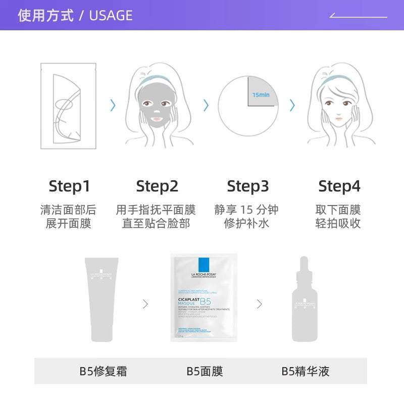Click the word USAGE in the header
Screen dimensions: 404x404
[x=111, y=15]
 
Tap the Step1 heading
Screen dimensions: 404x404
[x=69, y=186]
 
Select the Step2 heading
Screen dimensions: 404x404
[x=157, y=186]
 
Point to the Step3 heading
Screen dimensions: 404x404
[x=247, y=186]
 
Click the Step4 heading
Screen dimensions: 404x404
[x=339, y=186]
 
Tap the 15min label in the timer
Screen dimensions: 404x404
[x=262, y=94]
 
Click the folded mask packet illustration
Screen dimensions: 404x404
[x=68, y=106]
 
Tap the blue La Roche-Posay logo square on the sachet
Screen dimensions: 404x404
[x=204, y=265]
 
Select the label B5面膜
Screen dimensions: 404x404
[x=205, y=372]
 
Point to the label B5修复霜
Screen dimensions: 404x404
[x=103, y=372]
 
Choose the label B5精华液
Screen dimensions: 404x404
[x=306, y=372]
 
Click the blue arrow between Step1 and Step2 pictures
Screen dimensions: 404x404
[x=113, y=105]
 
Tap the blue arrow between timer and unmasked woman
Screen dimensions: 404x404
[x=292, y=105]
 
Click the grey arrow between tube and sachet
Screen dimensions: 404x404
[x=145, y=304]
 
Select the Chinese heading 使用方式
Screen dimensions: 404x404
[x=45, y=15]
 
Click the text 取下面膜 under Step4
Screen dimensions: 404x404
[x=338, y=210]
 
